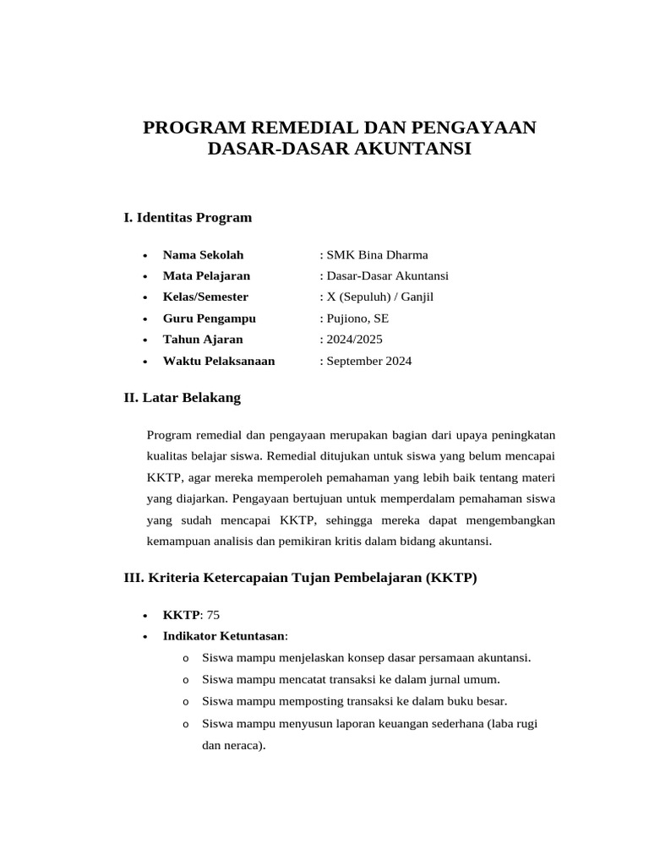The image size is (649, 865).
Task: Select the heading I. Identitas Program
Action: click(188, 218)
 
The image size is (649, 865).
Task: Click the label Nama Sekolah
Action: click(203, 255)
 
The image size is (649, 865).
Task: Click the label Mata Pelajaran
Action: click(206, 276)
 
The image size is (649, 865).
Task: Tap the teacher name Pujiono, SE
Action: click(357, 318)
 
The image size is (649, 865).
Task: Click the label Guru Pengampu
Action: click(209, 318)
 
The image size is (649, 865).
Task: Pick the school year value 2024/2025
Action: click(354, 340)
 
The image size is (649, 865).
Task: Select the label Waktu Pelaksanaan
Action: click(219, 362)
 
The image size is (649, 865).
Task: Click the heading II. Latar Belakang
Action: click(183, 397)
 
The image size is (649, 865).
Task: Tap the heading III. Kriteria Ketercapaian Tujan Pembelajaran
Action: click(300, 578)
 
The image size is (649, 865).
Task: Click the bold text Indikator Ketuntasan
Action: click(224, 636)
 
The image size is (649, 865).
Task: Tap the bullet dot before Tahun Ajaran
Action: click(146, 340)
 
